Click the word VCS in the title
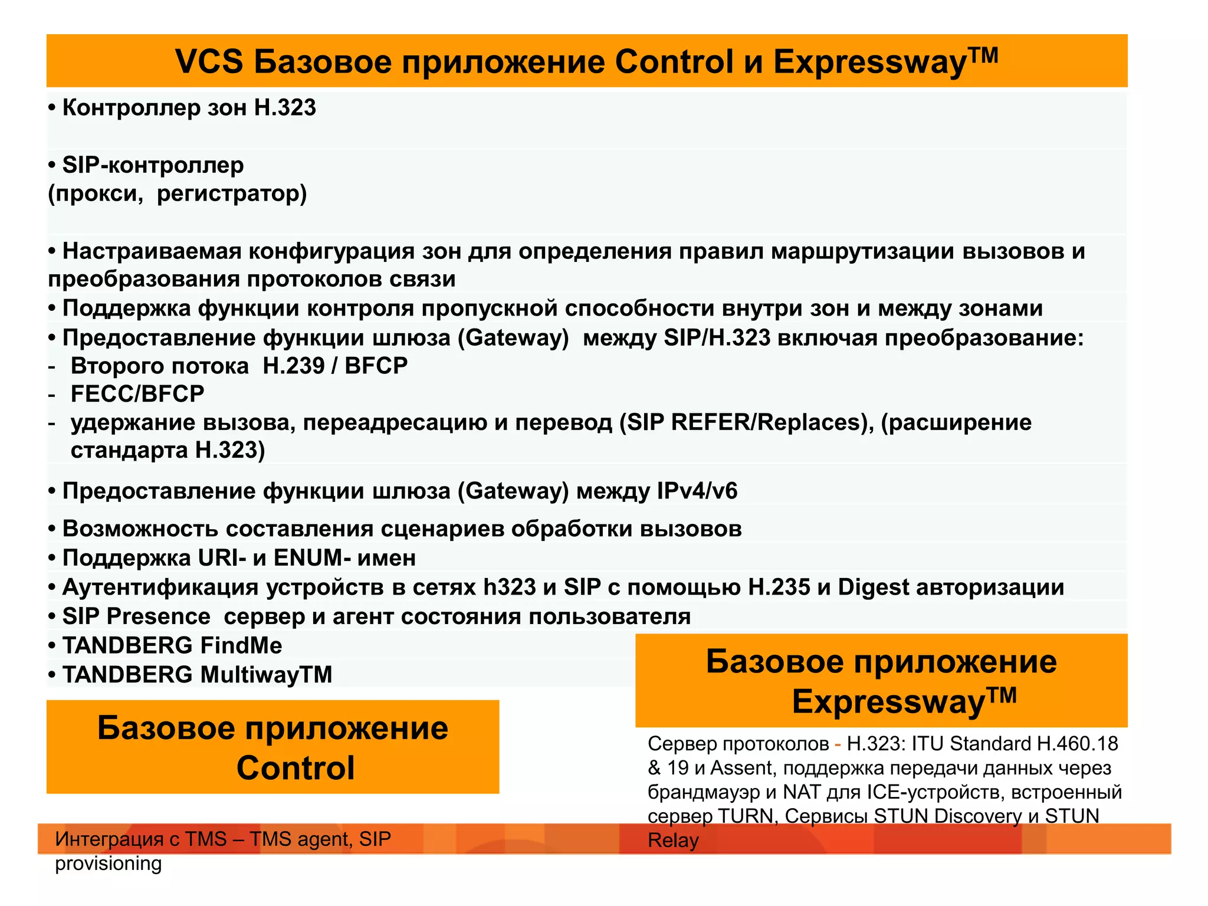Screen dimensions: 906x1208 pos(209,62)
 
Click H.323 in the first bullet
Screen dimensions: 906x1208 pos(285,108)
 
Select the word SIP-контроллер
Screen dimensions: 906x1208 pos(153,165)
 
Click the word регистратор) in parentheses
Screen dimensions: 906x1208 pos(232,193)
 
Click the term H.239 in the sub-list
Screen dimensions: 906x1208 pos(293,366)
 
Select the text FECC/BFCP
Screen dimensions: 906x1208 pos(137,394)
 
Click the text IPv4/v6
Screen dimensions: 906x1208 pos(697,491)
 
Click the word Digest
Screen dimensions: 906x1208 pos(874,587)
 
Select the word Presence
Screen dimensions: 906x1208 pos(158,616)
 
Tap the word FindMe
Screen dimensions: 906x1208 pos(241,646)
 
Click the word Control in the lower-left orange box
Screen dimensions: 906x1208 pos(296,768)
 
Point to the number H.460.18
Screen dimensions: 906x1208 pos(1077,744)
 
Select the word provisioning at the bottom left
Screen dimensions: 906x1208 pos(108,864)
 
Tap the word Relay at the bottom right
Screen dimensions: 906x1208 pos(673,841)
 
